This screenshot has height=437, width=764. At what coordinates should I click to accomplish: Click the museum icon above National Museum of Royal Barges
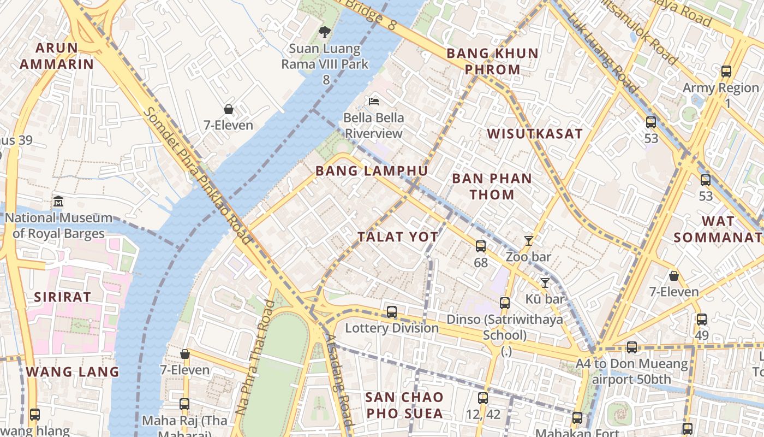point(58,202)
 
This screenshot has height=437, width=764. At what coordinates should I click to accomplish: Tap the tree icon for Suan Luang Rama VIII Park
point(325,32)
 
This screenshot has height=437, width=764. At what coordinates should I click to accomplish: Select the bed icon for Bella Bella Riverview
point(374,101)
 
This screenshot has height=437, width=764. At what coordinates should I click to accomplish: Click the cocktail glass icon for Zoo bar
point(528,240)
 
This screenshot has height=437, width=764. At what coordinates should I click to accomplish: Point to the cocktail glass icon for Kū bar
point(545,282)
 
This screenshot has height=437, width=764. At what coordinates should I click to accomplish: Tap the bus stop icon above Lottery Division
point(392,312)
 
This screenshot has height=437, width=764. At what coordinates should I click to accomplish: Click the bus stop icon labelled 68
point(480,246)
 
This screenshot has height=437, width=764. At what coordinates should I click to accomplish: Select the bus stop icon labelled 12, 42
point(483,398)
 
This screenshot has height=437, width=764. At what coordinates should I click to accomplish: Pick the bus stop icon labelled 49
point(702,320)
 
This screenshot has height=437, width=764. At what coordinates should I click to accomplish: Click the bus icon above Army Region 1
point(726,71)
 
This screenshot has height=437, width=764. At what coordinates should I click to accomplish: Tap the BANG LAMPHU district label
point(372,171)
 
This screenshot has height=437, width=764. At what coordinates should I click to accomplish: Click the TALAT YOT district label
point(398,237)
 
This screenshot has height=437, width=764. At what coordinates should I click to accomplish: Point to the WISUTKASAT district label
point(535,134)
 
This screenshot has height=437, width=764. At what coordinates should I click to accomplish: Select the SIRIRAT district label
point(62,297)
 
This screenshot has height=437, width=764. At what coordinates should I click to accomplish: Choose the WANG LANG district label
point(73,372)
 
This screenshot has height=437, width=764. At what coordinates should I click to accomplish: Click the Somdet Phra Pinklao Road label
point(199,176)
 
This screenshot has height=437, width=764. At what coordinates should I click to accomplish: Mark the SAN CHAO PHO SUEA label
point(404,405)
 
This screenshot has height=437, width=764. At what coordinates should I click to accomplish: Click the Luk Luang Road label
point(602,52)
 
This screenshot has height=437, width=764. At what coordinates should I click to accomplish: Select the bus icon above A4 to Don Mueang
point(632,347)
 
